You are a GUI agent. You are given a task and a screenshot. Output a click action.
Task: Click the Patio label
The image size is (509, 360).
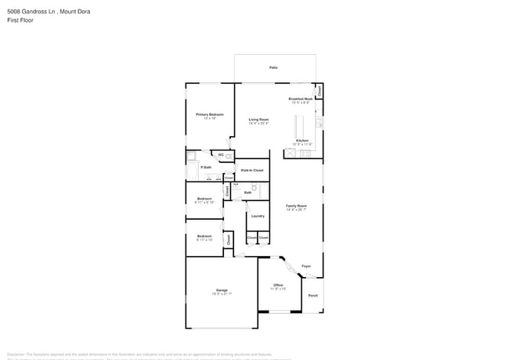pos(274,68)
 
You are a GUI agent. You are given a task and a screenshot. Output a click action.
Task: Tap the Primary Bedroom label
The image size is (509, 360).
pos(209,114)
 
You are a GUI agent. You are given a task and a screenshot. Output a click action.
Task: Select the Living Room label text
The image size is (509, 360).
pos(258,120)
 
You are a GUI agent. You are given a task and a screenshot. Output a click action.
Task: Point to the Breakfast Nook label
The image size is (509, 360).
pos(300,99)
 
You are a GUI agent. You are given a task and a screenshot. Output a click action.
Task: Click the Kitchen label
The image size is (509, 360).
pos(301,141)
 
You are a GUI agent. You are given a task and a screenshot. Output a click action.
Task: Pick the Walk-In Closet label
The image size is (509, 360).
pos(251,170)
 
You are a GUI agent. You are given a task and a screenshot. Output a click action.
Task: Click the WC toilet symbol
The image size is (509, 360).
pos(229,157)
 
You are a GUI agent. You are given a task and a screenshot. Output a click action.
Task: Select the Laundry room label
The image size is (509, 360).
pos(257,216)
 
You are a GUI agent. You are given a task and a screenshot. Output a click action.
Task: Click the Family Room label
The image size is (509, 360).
pos(296,206)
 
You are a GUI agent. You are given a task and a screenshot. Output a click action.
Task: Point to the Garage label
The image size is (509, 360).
pos(222,290)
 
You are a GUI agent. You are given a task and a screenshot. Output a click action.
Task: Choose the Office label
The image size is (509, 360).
pos(278,285)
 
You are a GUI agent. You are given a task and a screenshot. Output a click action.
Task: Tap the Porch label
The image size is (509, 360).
pos(313,295)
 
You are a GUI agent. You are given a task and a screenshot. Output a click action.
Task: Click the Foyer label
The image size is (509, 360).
pos(306,266)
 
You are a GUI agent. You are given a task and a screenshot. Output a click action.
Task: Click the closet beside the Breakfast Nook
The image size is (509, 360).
pos(319,92)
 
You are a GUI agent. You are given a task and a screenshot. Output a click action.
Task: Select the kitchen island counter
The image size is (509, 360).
pos(298,125)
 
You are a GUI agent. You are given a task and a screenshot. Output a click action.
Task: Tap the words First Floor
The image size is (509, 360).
pos(20,20)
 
